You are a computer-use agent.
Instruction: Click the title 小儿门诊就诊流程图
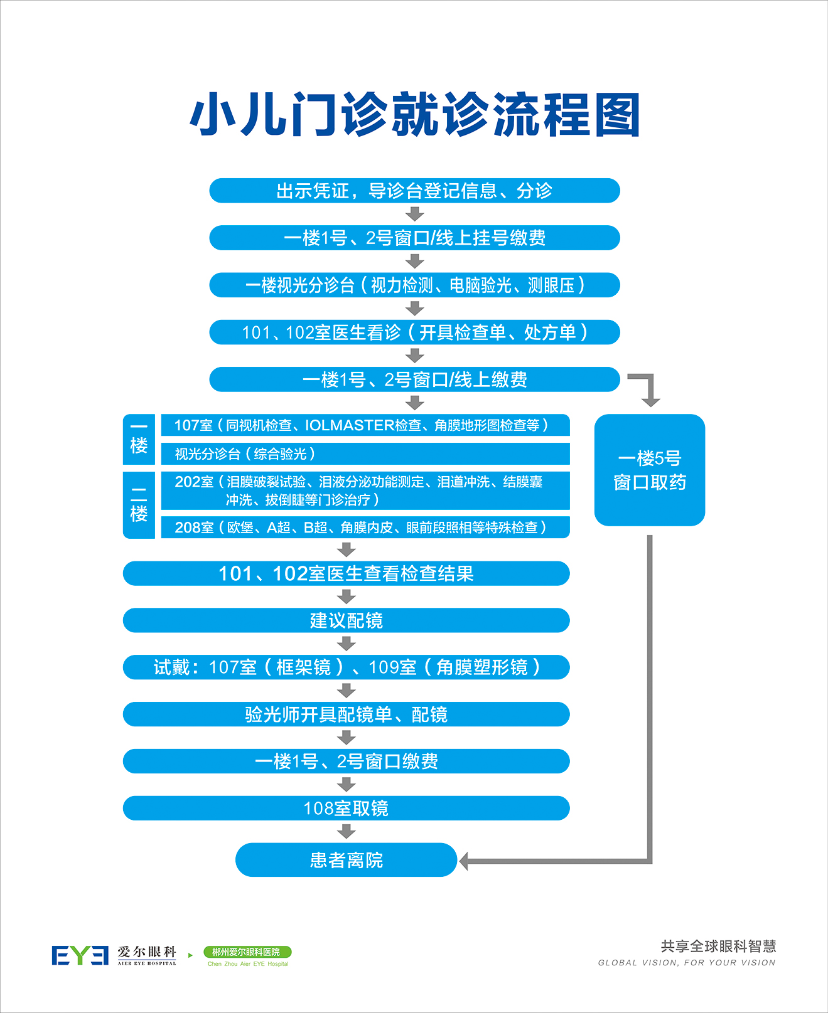click(x=414, y=115)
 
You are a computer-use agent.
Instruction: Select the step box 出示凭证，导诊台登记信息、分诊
click(x=414, y=191)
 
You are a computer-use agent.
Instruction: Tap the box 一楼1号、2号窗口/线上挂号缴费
click(x=414, y=238)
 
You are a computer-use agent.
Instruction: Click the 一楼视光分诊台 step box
click(x=414, y=285)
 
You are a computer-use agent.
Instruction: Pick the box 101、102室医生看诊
click(x=414, y=332)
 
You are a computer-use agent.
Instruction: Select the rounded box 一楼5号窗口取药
click(x=649, y=470)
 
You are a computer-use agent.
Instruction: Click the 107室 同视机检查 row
click(x=365, y=425)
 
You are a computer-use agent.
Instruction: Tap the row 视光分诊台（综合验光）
click(x=365, y=453)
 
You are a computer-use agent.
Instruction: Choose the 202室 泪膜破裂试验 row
click(x=365, y=491)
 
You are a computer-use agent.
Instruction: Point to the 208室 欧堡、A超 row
click(x=365, y=528)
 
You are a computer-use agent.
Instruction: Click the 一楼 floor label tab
click(x=139, y=439)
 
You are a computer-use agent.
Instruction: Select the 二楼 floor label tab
click(x=139, y=505)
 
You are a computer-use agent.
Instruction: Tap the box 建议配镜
click(x=346, y=620)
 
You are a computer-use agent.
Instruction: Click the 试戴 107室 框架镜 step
click(x=346, y=667)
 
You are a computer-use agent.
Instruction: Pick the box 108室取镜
click(x=346, y=808)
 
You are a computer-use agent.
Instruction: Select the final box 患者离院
click(x=346, y=860)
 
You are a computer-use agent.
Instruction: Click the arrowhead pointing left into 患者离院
click(x=465, y=861)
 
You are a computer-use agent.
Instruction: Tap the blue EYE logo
click(x=80, y=955)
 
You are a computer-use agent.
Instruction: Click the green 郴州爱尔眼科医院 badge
click(x=247, y=952)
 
